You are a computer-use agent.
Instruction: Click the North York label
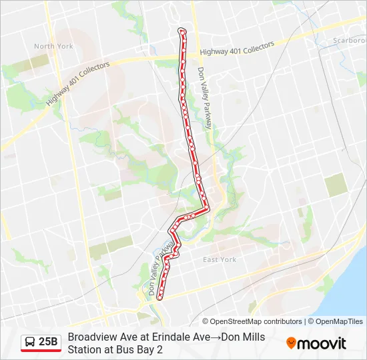53,47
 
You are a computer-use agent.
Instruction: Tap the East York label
220,260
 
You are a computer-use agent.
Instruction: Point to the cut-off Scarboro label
349,41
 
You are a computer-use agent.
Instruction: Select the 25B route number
48,342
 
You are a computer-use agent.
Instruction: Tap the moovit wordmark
322,343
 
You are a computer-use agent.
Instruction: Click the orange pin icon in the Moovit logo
291,343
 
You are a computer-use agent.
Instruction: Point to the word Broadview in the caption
91,337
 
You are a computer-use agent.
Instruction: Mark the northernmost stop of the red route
181,31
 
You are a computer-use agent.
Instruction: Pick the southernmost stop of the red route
159,299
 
